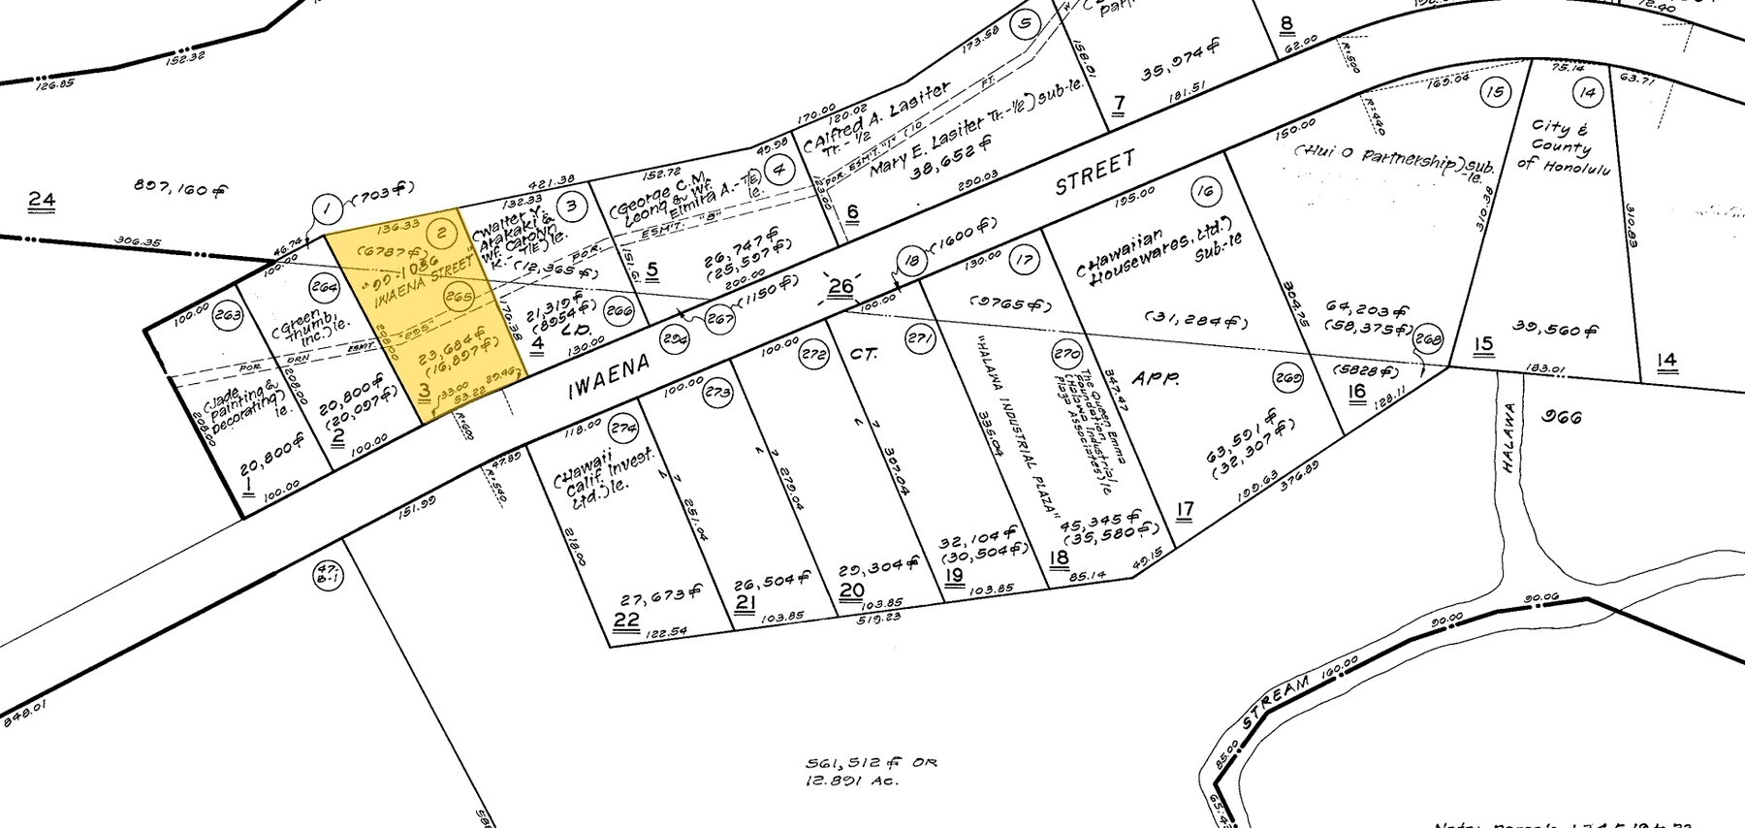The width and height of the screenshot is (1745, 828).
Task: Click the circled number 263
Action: [228, 314]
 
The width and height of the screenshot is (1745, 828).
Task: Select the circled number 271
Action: [919, 338]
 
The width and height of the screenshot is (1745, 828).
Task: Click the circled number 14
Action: [1588, 93]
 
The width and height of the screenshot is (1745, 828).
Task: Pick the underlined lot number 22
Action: [626, 621]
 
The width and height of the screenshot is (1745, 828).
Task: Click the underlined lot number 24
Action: [41, 201]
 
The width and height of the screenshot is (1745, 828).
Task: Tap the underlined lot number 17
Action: [1184, 510]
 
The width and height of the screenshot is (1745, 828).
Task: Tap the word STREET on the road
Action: [1094, 172]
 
